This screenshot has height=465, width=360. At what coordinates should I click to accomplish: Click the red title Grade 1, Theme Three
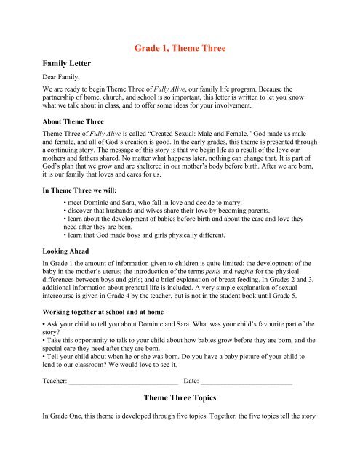click(180, 49)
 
